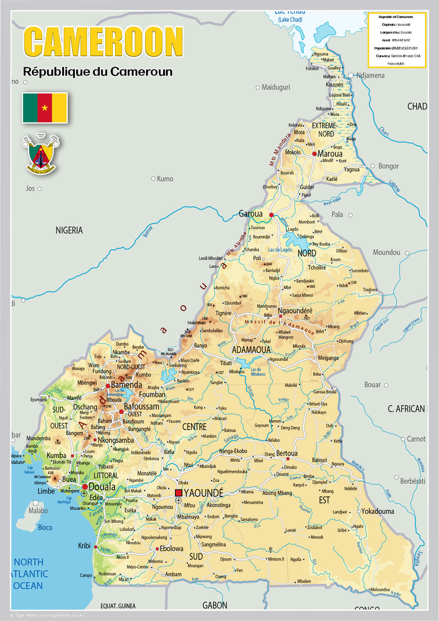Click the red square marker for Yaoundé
click(179, 493)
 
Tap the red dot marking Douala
click(84, 487)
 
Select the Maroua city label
click(330, 154)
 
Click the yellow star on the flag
click(45, 108)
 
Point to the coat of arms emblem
click(41, 154)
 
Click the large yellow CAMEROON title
click(103, 42)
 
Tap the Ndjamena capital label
click(370, 76)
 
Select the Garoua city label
click(251, 213)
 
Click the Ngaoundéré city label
click(296, 310)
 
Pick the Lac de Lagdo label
click(280, 250)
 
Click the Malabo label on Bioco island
click(38, 511)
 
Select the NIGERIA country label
click(69, 231)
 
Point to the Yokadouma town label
click(377, 511)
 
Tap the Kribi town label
click(84, 546)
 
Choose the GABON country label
click(215, 605)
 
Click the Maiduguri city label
click(276, 87)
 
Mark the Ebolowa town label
click(171, 549)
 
